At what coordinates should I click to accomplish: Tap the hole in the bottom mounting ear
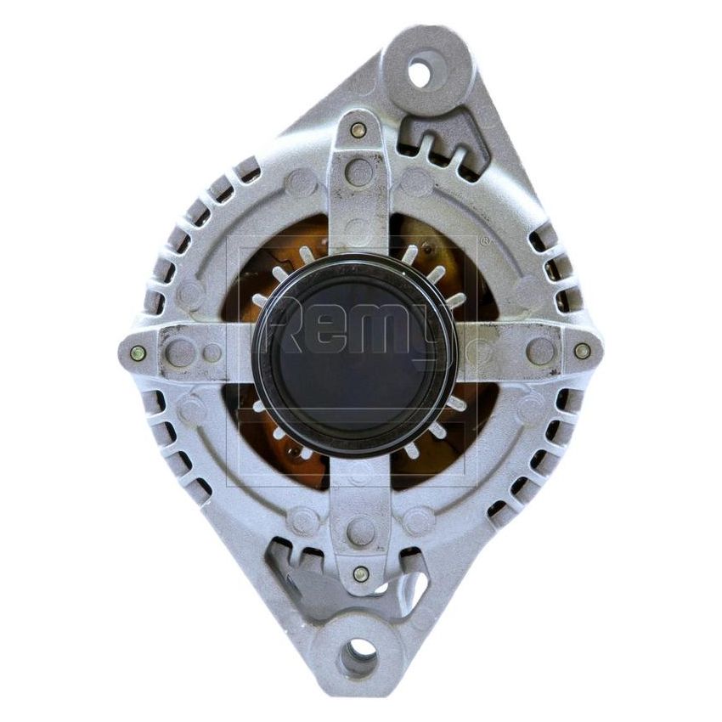(x=360, y=655)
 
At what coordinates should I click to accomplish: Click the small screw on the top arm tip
(x=358, y=130)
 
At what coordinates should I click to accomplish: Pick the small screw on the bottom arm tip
(x=361, y=573)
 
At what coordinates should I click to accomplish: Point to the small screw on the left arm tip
(x=138, y=353)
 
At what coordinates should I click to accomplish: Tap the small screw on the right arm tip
(x=582, y=350)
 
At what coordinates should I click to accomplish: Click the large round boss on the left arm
(x=179, y=352)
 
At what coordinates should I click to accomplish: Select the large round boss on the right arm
(x=539, y=349)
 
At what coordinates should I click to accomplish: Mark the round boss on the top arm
(x=359, y=172)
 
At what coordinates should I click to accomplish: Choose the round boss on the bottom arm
(x=361, y=531)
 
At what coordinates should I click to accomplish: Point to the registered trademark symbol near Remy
(x=485, y=241)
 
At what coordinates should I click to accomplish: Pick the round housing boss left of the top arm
(x=302, y=183)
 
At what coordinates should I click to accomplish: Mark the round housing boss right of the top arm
(x=415, y=181)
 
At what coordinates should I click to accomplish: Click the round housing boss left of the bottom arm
(x=303, y=520)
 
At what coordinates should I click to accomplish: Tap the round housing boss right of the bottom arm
(x=419, y=520)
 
